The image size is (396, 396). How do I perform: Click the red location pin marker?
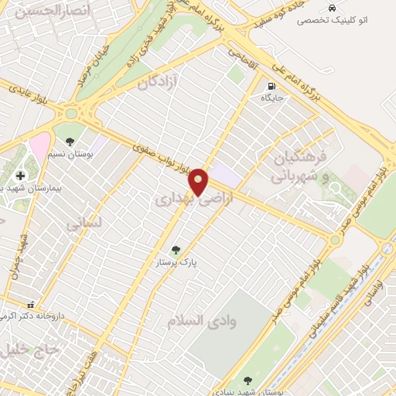tap(200, 181)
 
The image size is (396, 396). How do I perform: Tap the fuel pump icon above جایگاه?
tap(271, 86)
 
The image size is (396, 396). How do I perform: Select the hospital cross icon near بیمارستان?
tap(20, 175)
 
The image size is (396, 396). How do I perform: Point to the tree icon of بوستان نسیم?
tap(71, 142)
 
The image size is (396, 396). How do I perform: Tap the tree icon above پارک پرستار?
tap(176, 250)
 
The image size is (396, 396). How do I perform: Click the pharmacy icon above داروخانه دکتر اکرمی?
tap(31, 305)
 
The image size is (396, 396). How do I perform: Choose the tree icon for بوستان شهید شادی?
tap(247, 381)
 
